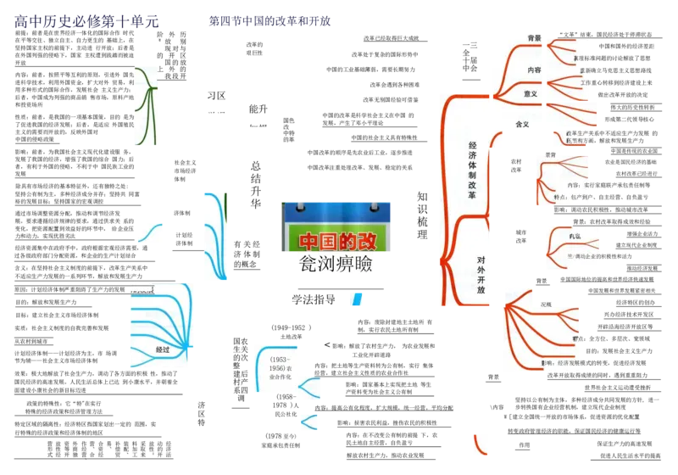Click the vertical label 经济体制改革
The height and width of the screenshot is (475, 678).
472,170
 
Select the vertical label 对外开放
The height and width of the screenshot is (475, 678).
481,274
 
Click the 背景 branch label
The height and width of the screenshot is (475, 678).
534,38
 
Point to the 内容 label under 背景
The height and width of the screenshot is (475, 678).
534,70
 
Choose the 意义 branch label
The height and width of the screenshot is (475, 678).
531,94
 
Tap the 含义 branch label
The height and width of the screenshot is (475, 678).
522,124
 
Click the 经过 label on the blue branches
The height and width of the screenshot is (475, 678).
163,349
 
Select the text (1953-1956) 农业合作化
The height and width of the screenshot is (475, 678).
275,368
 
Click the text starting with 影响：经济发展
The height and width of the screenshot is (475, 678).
562,363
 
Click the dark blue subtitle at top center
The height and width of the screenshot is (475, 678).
270,20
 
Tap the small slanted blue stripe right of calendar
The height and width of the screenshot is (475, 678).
358,301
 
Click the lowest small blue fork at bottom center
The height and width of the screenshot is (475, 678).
308,422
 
